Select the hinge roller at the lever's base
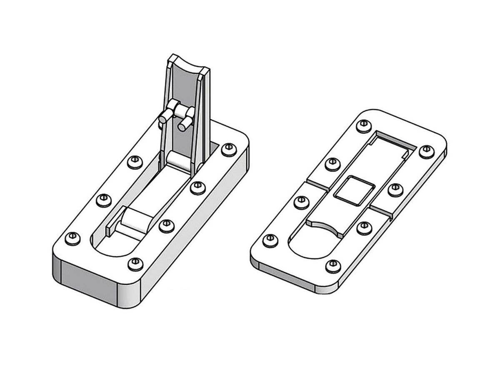(177, 161)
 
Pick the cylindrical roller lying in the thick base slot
(136, 221)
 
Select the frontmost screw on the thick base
(134, 264)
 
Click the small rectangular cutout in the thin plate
(354, 190)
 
